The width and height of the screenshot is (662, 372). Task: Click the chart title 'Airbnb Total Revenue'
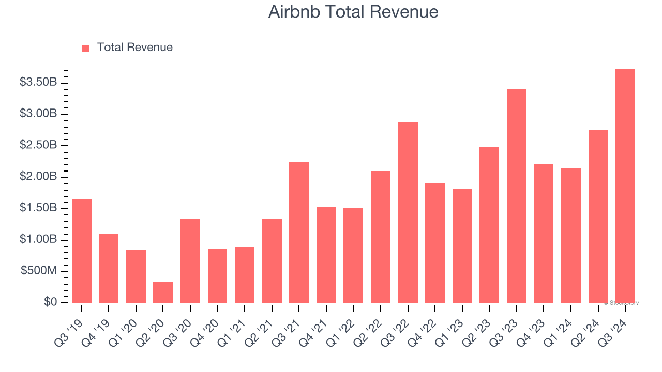353,12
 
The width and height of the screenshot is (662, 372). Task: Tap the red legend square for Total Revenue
86,48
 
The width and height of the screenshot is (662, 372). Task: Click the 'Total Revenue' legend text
134,48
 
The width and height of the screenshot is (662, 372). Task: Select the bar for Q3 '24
625,186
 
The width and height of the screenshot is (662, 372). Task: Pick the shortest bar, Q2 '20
163,292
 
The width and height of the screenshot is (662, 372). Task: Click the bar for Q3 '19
82,251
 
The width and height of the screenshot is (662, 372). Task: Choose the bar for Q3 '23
516,196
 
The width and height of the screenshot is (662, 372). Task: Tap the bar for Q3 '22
408,212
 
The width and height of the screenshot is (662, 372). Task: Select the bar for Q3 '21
299,233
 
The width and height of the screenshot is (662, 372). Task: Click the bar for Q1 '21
245,275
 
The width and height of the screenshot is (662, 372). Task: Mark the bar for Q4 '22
435,243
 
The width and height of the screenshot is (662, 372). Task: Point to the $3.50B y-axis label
38,82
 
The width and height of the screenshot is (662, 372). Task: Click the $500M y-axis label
39,271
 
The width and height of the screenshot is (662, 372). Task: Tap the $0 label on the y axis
50,302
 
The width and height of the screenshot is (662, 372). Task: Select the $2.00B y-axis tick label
38,177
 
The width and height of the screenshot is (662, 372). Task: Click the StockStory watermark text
621,303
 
